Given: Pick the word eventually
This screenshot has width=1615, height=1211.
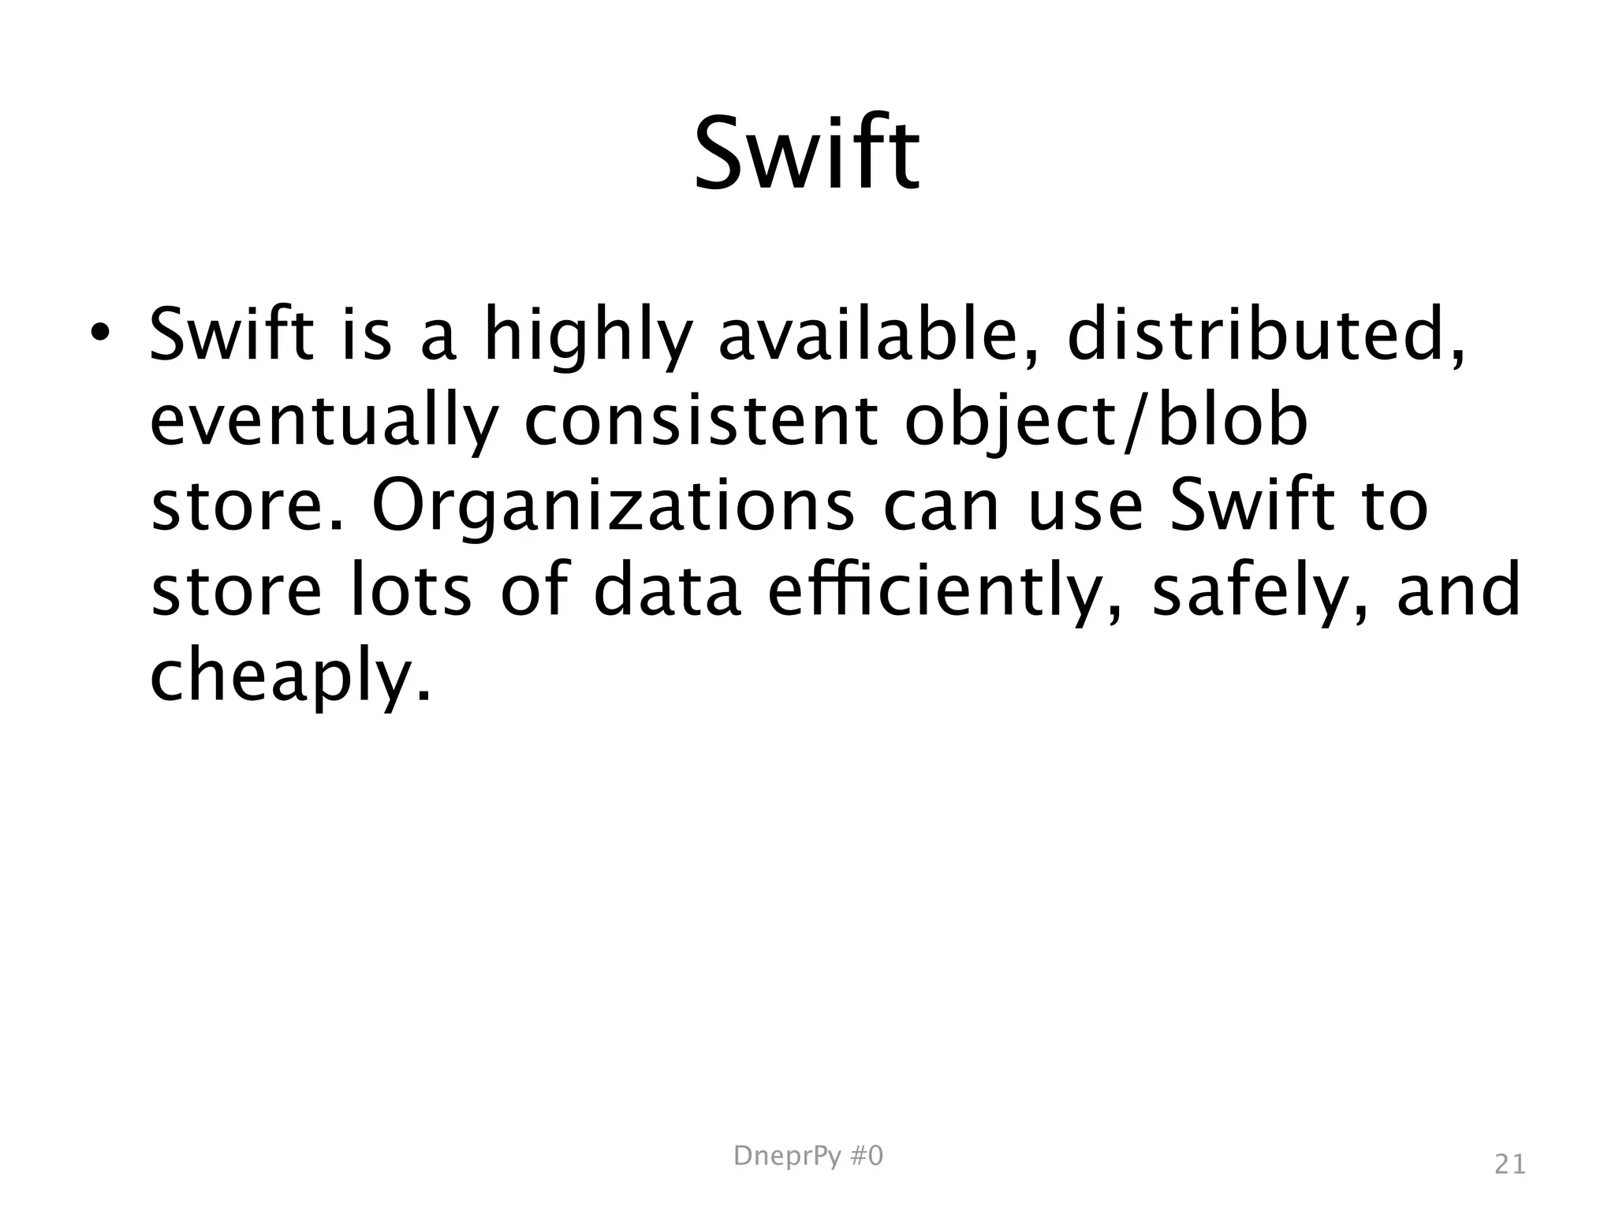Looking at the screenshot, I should (324, 422).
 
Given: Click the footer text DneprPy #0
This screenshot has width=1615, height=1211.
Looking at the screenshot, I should (808, 1156).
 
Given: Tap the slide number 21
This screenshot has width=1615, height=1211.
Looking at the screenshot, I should (1510, 1164).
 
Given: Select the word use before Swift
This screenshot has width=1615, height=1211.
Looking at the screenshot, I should (1086, 507).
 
